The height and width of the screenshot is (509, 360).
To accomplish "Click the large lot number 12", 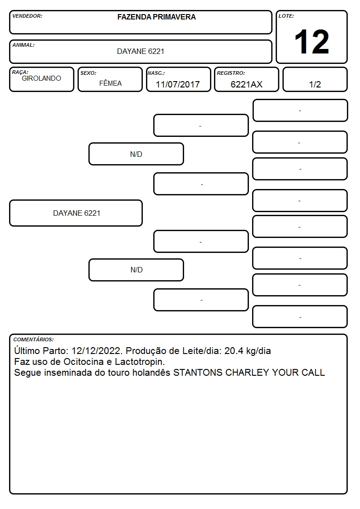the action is click(311, 42).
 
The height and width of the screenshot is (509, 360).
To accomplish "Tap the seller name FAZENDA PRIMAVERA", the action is click(156, 17).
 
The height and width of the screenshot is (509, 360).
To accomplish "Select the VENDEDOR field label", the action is click(27, 16).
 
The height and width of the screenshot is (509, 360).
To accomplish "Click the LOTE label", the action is click(286, 16).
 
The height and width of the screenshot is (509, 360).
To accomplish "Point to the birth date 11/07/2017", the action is click(178, 84).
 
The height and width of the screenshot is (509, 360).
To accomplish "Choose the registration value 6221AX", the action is click(246, 84).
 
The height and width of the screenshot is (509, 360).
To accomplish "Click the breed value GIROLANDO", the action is click(41, 78).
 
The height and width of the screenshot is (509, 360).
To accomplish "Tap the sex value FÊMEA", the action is click(110, 83).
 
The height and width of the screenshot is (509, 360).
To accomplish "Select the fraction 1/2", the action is click(315, 84).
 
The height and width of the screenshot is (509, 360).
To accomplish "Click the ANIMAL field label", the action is click(24, 45).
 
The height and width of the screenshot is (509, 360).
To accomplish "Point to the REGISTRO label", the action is click(231, 73).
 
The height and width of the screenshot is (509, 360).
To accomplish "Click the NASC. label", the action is click(156, 73).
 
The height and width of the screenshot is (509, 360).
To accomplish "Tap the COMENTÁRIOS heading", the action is click(34, 339).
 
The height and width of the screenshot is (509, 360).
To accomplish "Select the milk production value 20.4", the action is click(234, 351).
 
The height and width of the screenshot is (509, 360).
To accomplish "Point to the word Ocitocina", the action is click(83, 362).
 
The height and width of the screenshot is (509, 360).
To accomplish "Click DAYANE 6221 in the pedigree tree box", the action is click(77, 213).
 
